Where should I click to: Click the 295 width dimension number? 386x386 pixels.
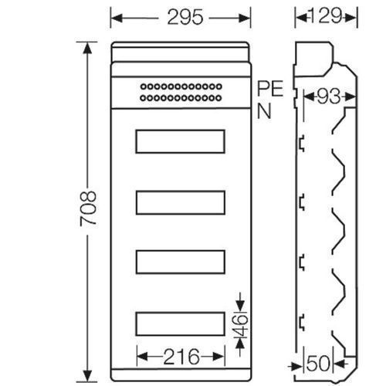point(185,17)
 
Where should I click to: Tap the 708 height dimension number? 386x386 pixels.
point(88,208)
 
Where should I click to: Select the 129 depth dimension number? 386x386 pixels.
point(326,16)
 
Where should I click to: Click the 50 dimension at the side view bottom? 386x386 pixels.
point(318,364)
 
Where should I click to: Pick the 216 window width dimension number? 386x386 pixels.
point(181,357)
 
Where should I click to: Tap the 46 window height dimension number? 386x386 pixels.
point(241,325)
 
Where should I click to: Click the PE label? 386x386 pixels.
point(270,89)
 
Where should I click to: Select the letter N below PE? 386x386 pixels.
point(264,111)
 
